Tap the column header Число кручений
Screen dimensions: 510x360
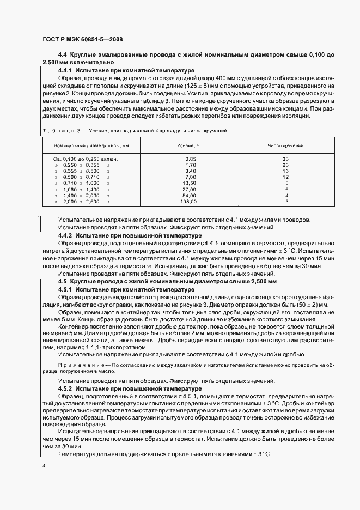coord(285,146)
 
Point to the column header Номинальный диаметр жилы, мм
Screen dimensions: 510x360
coord(91,146)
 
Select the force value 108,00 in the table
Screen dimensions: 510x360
coord(189,201)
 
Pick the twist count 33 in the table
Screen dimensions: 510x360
coord(285,159)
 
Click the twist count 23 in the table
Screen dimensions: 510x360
coord(285,165)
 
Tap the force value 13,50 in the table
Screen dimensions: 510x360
coord(190,183)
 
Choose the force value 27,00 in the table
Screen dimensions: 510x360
coord(190,189)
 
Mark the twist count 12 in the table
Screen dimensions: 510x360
coord(285,177)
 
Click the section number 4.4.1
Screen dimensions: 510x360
coord(66,71)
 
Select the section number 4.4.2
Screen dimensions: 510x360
coord(66,235)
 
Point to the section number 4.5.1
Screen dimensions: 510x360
coord(66,289)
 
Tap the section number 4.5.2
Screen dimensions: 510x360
coord(66,388)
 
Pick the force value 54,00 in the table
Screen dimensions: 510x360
coord(190,195)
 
